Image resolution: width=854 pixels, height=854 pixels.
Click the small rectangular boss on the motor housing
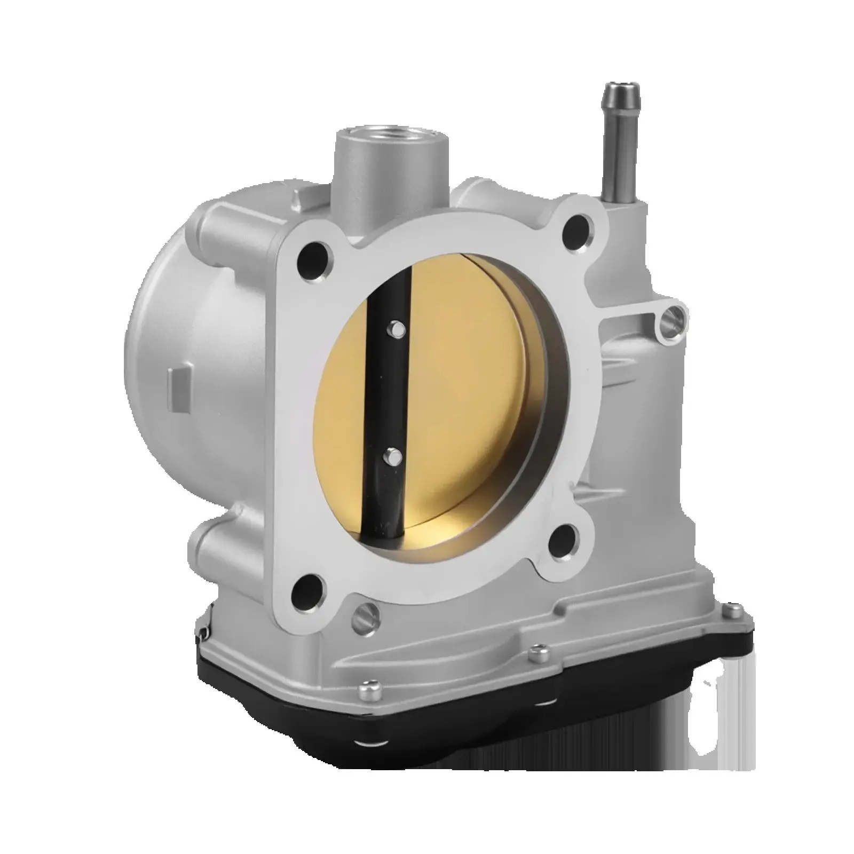[x=178, y=384]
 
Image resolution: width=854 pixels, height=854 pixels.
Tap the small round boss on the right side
[x=670, y=320]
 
